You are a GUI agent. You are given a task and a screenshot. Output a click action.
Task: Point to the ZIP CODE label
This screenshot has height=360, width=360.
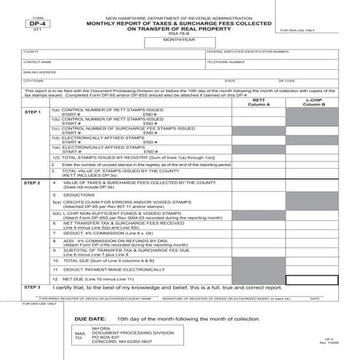[x=287, y=81]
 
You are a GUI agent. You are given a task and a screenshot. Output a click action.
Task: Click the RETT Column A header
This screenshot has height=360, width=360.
[x=258, y=103]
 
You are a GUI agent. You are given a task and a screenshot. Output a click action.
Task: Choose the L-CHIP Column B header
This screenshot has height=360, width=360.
[x=313, y=103]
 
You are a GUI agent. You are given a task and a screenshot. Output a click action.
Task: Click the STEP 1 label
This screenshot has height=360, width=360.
[x=32, y=113]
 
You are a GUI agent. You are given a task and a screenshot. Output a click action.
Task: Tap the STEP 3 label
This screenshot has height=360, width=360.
[x=32, y=287]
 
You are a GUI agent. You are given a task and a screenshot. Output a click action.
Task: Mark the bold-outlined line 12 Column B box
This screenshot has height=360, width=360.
[x=313, y=279]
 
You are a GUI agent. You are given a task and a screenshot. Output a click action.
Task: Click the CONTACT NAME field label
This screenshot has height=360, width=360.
[x=36, y=63]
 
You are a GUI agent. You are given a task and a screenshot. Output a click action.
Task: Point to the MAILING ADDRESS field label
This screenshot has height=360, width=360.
[x=39, y=72]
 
